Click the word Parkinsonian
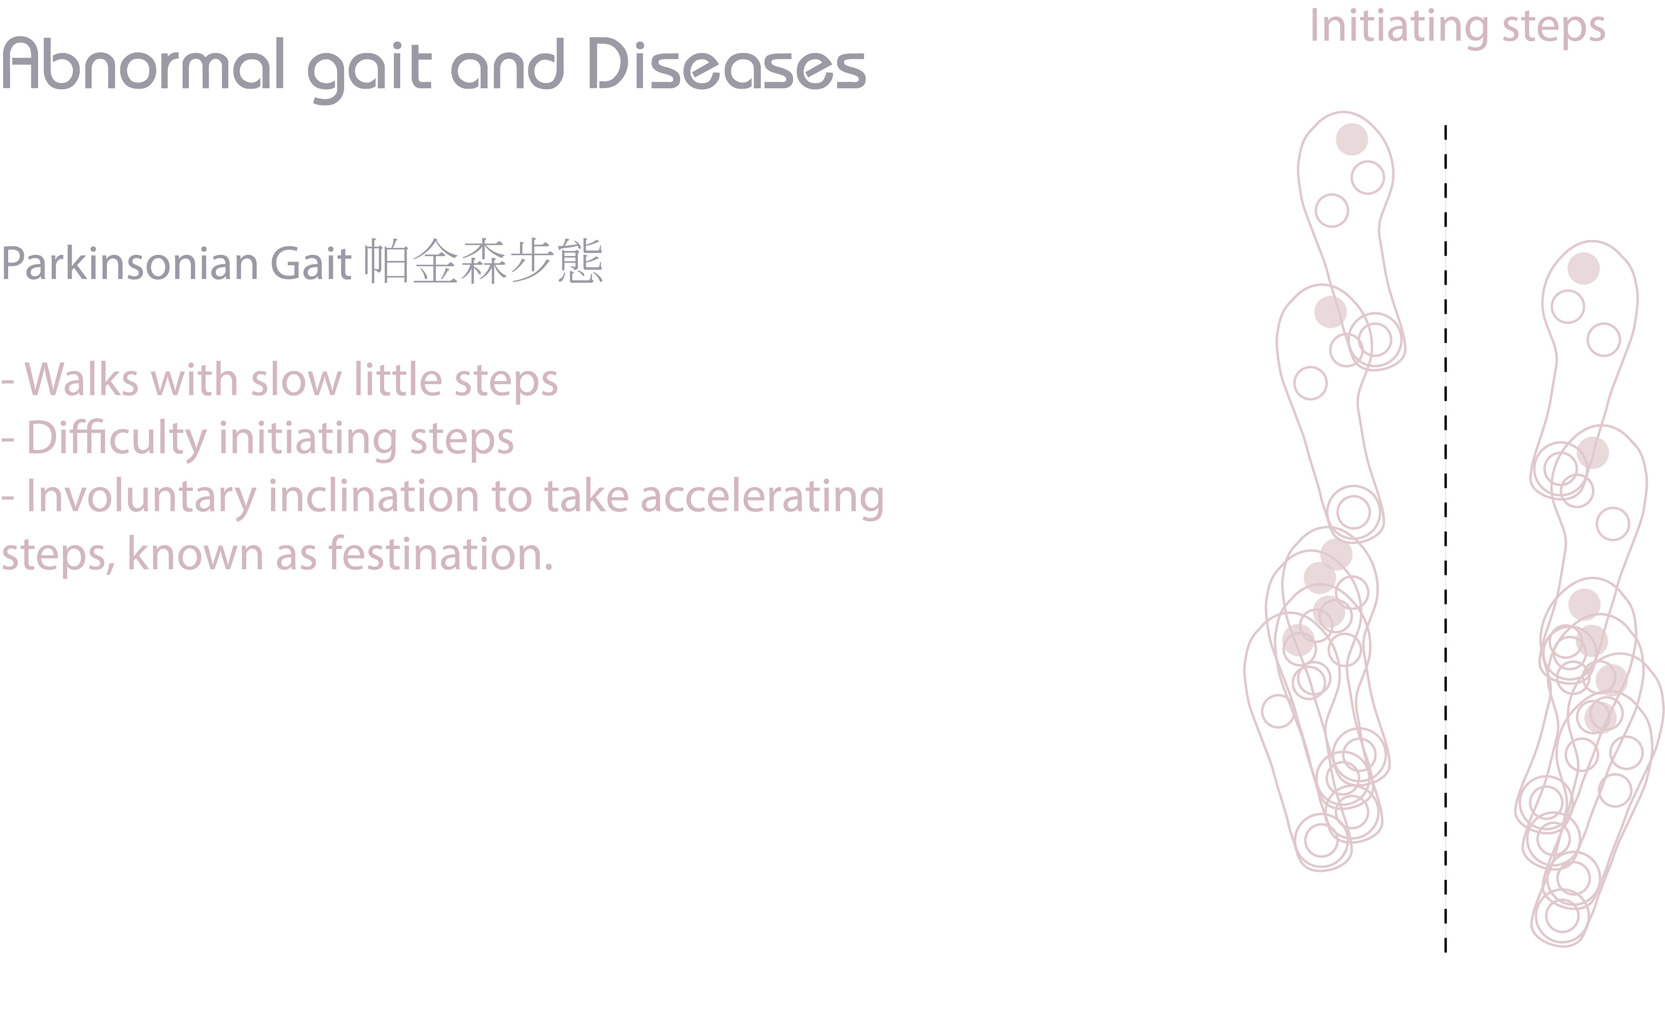pyautogui.click(x=130, y=264)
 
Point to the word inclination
pyautogui.click(x=374, y=497)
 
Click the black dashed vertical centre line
pyautogui.click(x=1446, y=538)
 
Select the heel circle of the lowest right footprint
pyautogui.click(x=1562, y=916)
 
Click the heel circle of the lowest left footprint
pyautogui.click(x=1322, y=841)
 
